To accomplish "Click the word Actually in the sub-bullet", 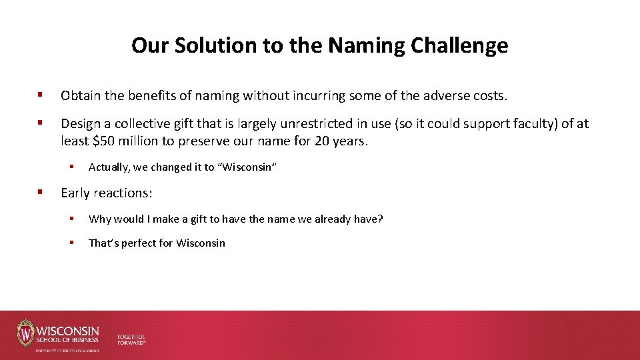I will click(108, 167).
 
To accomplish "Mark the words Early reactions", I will click(107, 193).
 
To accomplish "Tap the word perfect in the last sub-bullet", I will click(139, 243).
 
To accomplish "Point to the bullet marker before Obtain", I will click(41, 96).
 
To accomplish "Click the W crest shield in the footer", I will click(25, 333).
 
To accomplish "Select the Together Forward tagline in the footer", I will click(131, 339).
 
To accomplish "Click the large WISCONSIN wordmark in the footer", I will click(68, 331).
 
